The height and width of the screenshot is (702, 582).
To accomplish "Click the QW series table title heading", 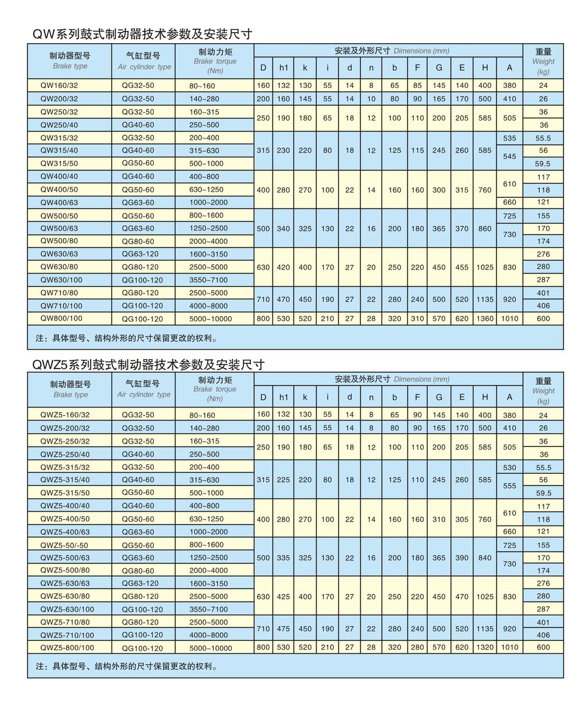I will tap(143, 34).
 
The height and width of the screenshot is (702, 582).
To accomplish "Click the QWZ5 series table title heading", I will tap(148, 364).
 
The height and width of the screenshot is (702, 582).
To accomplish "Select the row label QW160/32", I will tap(59, 86).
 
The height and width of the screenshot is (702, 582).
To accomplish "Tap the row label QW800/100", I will tap(61, 318).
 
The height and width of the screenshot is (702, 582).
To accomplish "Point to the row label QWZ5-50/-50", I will tap(64, 545).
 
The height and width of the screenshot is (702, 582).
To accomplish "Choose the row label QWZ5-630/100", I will tap(66, 609).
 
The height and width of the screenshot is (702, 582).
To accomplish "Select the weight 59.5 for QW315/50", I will tap(543, 164).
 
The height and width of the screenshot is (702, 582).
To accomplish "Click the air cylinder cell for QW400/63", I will tap(138, 202).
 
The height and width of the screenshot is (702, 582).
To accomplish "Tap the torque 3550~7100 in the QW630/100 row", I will tap(208, 280).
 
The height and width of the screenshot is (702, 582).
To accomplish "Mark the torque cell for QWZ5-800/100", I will tap(210, 648).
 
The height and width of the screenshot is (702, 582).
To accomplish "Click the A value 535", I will tap(509, 138).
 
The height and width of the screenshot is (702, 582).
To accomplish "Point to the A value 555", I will tap(509, 485).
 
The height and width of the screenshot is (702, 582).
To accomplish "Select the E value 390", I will tap(462, 557).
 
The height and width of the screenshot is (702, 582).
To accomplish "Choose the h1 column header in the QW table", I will tap(283, 68).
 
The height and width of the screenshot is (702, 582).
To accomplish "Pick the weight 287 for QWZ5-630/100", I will tap(543, 609).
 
